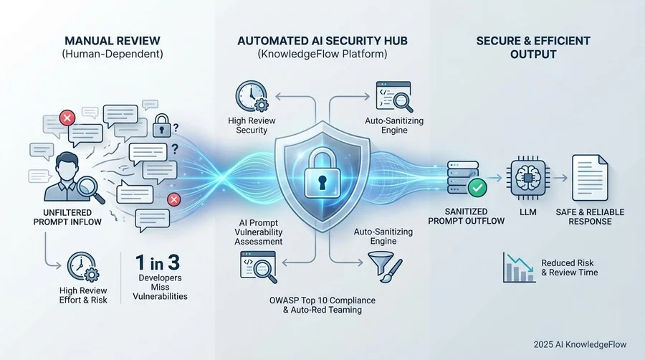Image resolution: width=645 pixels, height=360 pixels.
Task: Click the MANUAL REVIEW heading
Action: [113, 41]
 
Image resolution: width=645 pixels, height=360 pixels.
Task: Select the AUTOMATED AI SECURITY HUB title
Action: [322, 41]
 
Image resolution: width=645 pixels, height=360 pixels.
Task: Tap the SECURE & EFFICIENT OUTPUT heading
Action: [533, 47]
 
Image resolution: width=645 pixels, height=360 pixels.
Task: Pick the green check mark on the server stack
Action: [477, 188]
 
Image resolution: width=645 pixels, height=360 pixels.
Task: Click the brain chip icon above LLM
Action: [527, 178]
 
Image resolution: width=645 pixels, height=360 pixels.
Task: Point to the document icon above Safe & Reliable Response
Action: [590, 178]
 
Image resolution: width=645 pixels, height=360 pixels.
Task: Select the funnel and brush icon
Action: [385, 267]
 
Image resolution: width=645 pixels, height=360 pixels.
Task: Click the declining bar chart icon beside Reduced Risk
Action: [519, 267]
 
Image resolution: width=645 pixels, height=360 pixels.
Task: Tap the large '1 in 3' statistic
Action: [158, 262]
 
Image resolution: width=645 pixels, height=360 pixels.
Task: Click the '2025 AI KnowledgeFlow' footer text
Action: [580, 344]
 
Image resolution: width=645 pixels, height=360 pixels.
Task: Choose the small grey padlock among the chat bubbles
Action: [162, 125]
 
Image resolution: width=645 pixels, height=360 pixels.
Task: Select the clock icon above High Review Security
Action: [252, 96]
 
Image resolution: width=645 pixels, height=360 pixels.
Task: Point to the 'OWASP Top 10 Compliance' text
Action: [322, 300]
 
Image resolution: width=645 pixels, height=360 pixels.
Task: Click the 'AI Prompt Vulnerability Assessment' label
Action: [259, 232]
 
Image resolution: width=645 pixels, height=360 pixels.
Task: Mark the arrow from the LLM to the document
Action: [560, 178]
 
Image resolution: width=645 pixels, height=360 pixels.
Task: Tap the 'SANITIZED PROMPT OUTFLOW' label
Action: [466, 216]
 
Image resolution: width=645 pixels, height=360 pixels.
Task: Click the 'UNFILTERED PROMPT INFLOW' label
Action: [67, 217]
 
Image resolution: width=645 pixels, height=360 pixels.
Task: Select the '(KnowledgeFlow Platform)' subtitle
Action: [322, 54]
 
